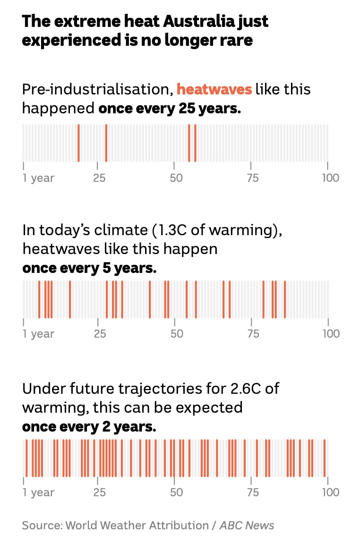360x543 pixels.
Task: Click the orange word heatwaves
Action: pos(214,89)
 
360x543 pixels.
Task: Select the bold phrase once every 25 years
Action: pos(170,108)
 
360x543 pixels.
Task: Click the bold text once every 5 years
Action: pos(89,268)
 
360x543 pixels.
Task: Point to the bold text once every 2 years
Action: pos(89,427)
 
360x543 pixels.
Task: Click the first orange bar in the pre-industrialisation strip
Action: pos(78,143)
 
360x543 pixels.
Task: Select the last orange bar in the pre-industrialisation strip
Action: pos(195,143)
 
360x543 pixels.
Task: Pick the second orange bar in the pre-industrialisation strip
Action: pos(106,143)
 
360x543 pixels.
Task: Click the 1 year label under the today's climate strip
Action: pos(39,334)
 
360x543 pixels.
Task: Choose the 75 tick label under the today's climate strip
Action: pos(253,334)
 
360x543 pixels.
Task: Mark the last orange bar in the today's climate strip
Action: pos(285,299)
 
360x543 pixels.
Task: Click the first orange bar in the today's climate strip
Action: pos(39,299)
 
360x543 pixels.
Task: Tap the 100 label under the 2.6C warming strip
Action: pos(330,492)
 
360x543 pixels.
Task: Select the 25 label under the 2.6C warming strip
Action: pos(100,492)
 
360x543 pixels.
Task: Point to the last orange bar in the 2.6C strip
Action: pos(325,458)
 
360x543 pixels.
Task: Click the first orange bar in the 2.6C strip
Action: pos(26,458)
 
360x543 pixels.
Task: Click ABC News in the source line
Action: pos(247,526)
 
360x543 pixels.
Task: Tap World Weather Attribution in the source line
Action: pos(137,526)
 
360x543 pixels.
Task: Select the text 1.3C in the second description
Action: pos(170,230)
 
